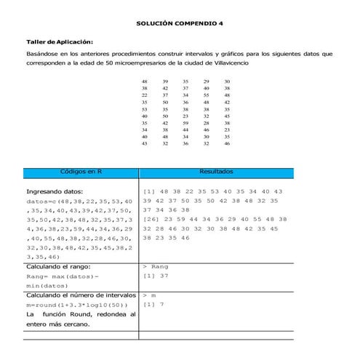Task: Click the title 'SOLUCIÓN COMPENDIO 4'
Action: click(180, 24)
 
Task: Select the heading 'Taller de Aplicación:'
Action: click(60, 42)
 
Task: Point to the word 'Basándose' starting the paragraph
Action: click(41, 54)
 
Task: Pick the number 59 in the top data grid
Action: click(185, 122)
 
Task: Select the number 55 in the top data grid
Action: click(207, 95)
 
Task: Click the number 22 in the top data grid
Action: click(144, 95)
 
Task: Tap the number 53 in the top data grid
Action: click(144, 108)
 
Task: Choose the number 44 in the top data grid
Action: click(185, 129)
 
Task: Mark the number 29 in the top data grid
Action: click(207, 81)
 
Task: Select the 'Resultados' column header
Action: click(216, 172)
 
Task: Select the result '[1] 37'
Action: click(155, 276)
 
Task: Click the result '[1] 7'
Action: click(153, 305)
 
